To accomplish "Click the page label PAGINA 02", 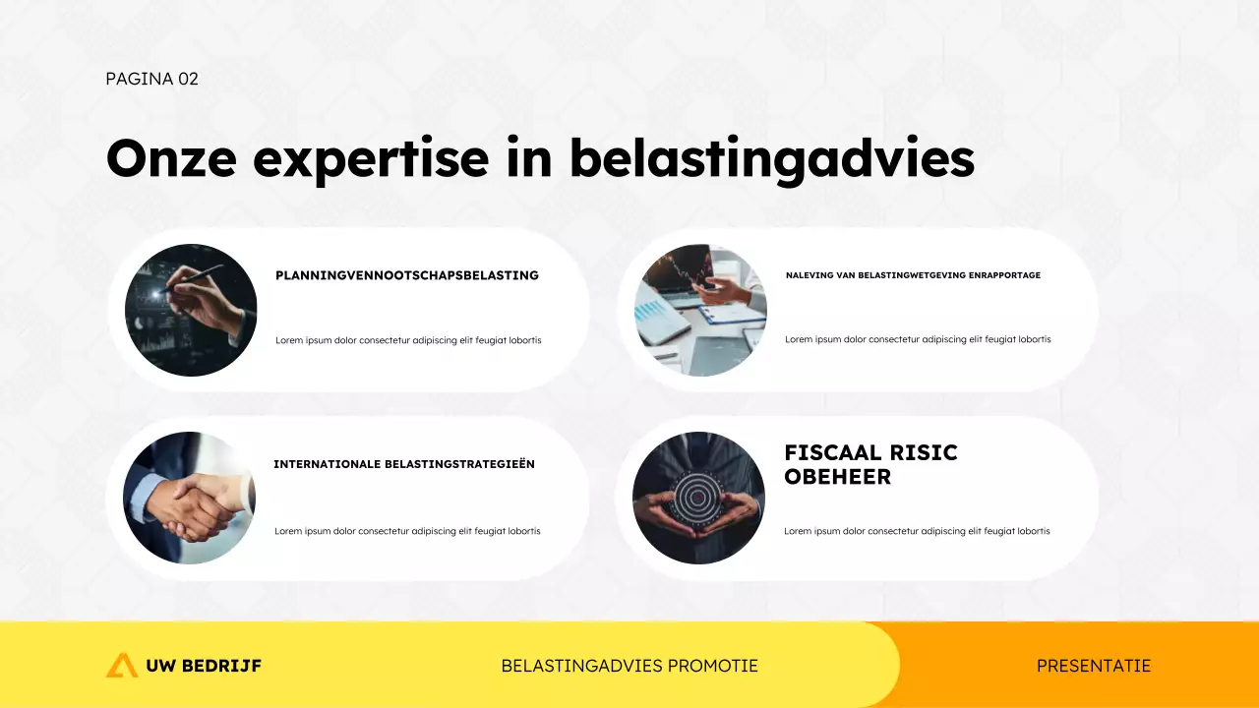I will (151, 79).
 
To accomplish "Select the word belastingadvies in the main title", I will (771, 159).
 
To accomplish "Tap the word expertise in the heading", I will (371, 159).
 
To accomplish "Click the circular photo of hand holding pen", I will (191, 310).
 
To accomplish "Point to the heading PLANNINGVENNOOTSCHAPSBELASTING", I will (407, 275).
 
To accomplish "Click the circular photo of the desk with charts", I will (700, 310).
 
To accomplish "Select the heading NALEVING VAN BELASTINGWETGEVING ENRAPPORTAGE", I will (913, 275).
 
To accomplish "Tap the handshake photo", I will (189, 498).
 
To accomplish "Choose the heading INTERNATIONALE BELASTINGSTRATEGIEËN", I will (404, 464).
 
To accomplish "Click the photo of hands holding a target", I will (698, 498).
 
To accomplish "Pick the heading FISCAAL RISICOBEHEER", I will (870, 465).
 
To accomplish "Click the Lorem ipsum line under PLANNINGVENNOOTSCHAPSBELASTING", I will (408, 340).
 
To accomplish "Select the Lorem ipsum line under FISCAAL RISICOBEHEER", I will (917, 531).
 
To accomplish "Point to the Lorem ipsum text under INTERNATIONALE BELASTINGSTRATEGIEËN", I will (407, 531).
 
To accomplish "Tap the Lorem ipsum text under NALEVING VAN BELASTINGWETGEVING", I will (918, 339).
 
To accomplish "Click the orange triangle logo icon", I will (122, 666).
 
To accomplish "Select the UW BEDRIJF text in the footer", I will (204, 666).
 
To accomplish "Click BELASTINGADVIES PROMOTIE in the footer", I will (629, 666).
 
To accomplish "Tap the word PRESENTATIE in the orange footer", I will (1093, 666).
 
